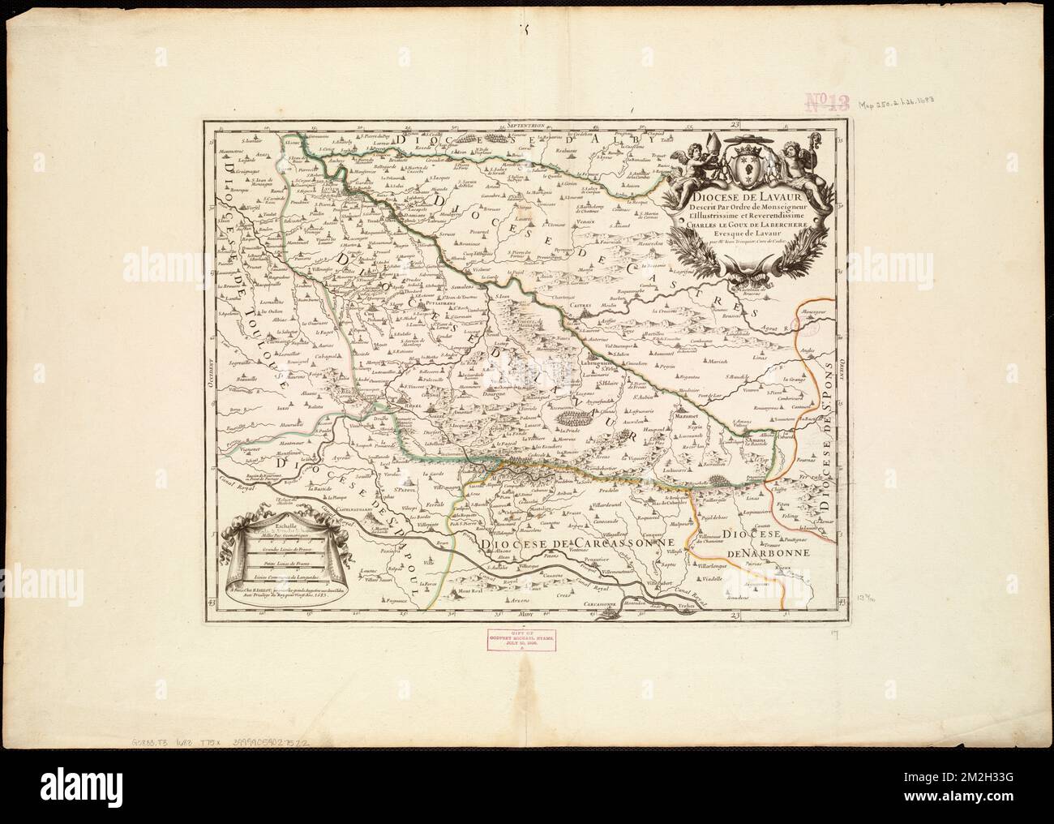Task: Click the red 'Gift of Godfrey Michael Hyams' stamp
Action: (527, 638)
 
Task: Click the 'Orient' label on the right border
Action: (841, 374)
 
